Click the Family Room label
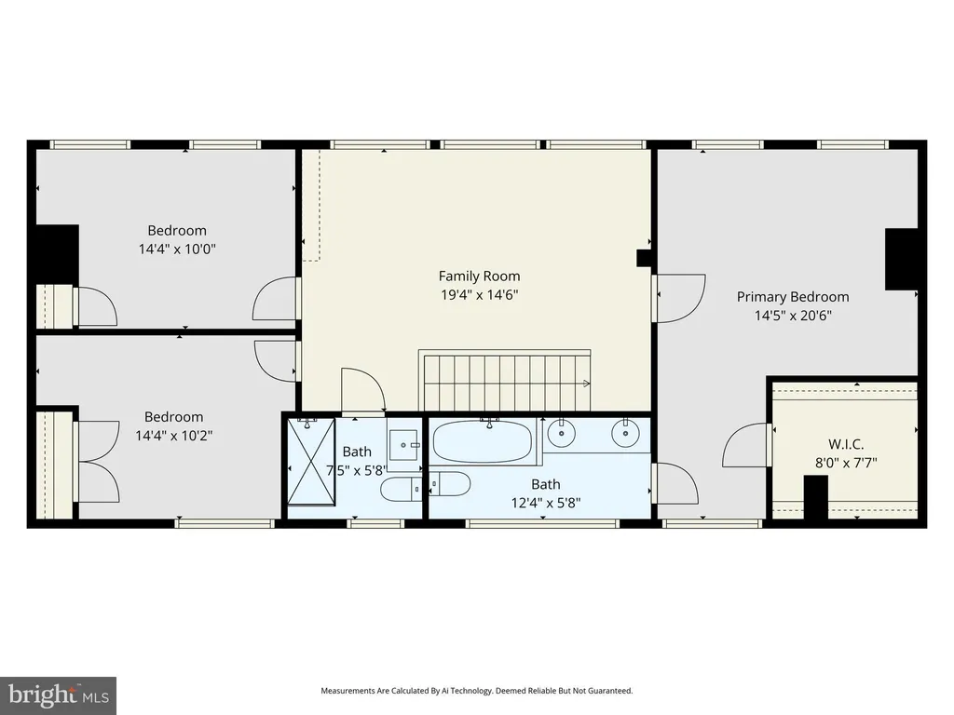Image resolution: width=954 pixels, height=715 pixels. tap(480, 276)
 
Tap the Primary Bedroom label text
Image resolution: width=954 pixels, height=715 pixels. tap(793, 297)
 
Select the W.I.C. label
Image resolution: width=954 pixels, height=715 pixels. tap(846, 444)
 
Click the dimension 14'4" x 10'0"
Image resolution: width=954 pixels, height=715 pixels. tap(177, 249)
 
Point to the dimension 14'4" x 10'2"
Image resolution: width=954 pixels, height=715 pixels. tap(174, 436)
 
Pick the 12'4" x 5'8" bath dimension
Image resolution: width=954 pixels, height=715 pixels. tap(546, 503)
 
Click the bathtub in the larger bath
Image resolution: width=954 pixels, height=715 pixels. tap(484, 440)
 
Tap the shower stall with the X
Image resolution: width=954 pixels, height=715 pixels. tap(311, 462)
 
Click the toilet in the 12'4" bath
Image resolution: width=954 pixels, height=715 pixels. tap(450, 484)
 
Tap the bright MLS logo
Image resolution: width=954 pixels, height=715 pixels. tap(59, 695)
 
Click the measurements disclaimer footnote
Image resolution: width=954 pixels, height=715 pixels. tap(476, 691)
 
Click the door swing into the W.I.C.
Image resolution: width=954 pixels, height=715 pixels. tap(746, 445)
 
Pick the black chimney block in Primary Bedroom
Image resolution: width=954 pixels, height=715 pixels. tap(901, 259)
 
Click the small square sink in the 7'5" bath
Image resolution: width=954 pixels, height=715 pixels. tap(403, 446)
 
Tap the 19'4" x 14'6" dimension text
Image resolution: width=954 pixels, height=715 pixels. tap(480, 295)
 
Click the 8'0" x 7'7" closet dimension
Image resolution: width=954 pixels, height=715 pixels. tap(846, 463)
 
